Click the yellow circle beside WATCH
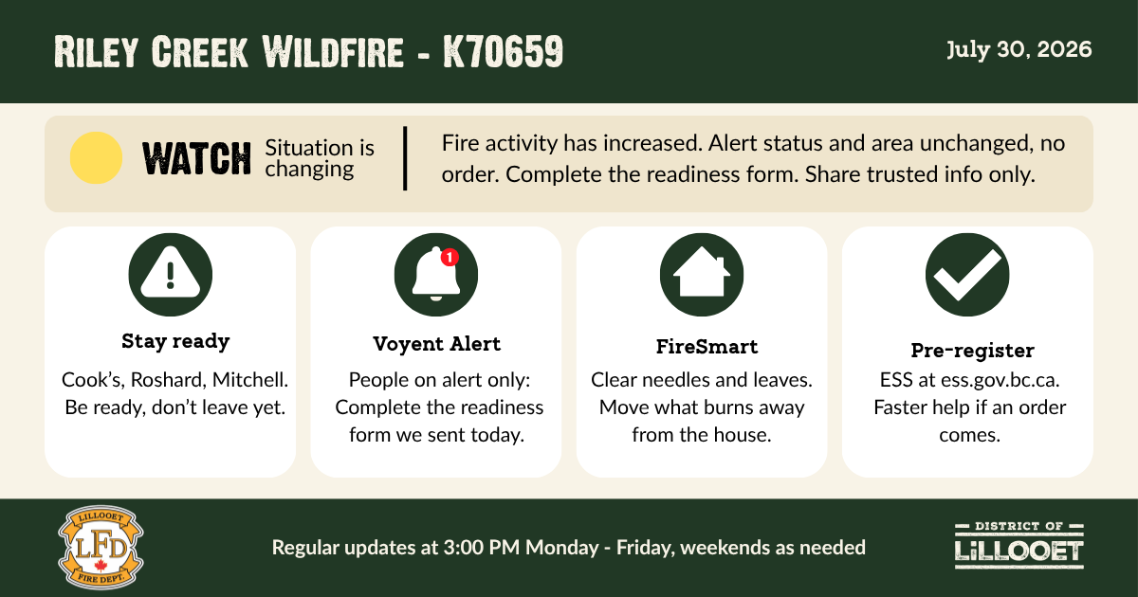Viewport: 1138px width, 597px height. pyautogui.click(x=96, y=158)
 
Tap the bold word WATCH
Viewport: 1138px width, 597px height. pyautogui.click(x=196, y=159)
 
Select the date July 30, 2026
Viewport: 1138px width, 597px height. pyautogui.click(x=1019, y=49)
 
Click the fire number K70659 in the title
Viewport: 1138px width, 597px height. pyautogui.click(x=503, y=51)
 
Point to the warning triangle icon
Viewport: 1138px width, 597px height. pyautogui.click(x=170, y=272)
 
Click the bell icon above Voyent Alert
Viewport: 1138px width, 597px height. pyautogui.click(x=436, y=275)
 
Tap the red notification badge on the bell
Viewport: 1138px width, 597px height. pyautogui.click(x=450, y=258)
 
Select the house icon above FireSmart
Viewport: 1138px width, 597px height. pyautogui.click(x=702, y=272)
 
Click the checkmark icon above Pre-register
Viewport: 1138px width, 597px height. pyautogui.click(x=967, y=275)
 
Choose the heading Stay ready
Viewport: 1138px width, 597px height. pyautogui.click(x=175, y=341)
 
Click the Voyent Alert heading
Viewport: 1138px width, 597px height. pyautogui.click(x=436, y=344)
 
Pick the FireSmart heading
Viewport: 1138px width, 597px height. pyautogui.click(x=707, y=347)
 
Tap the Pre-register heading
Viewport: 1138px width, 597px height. pyautogui.click(x=972, y=351)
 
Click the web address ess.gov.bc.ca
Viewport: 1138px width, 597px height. pyautogui.click(x=1000, y=380)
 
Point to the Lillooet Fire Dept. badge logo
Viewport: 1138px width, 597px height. pyautogui.click(x=101, y=548)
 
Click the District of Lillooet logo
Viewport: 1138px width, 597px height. pyautogui.click(x=1019, y=545)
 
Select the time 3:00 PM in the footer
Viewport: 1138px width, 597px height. pyautogui.click(x=482, y=548)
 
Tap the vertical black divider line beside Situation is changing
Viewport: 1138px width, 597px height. pyautogui.click(x=405, y=158)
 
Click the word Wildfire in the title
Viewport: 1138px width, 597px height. pyautogui.click(x=333, y=51)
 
